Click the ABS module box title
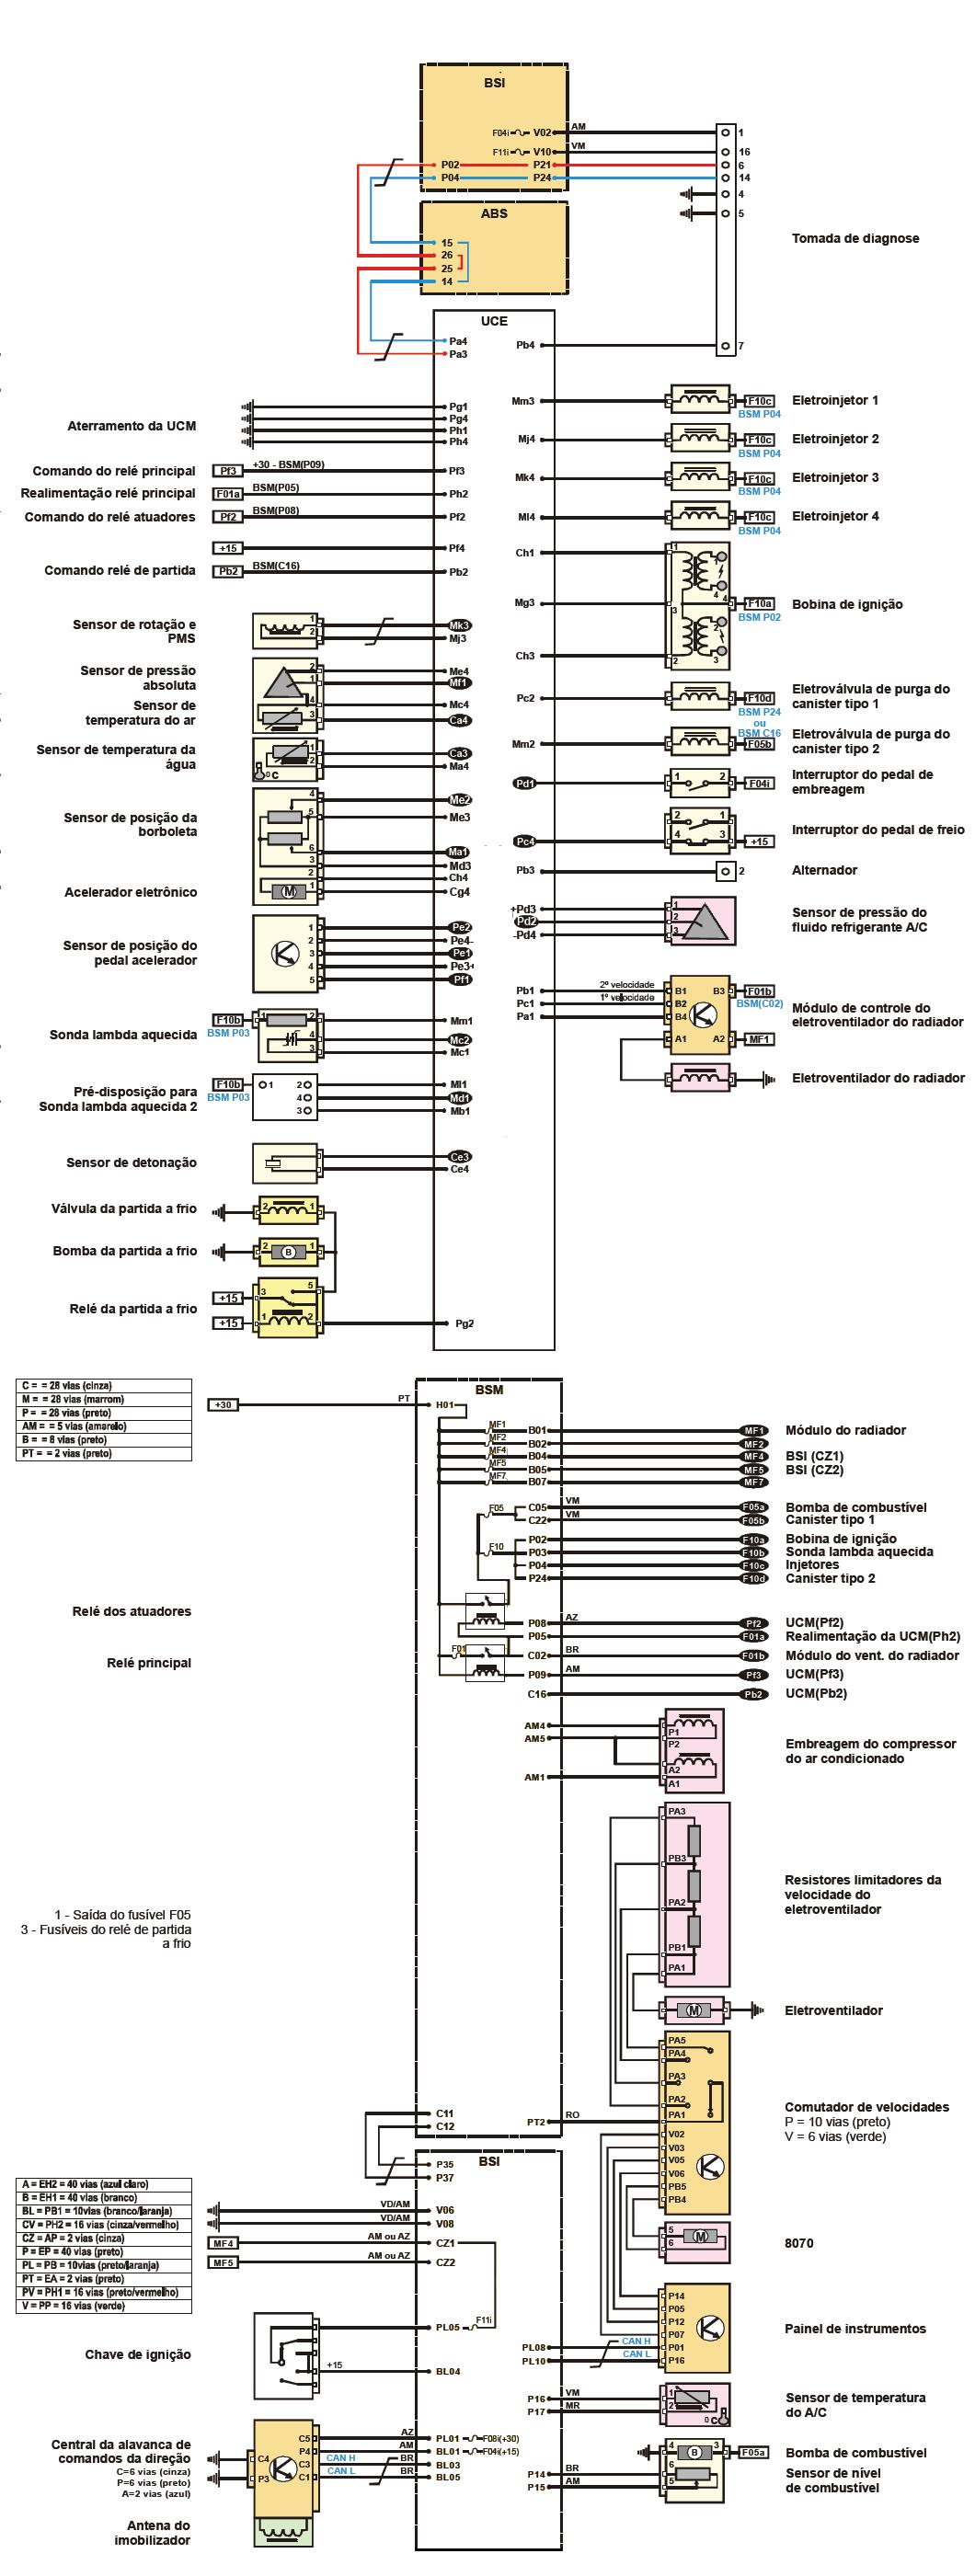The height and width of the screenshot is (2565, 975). [494, 213]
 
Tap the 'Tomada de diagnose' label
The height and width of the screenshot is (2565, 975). [855, 239]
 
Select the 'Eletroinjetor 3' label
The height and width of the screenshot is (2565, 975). [834, 478]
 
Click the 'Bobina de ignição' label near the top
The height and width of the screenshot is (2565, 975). [846, 604]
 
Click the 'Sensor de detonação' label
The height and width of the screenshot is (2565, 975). [132, 1163]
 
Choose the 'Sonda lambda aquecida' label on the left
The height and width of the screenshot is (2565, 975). [123, 1036]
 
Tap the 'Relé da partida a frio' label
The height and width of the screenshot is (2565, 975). [133, 1310]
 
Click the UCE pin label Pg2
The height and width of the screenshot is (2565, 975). [465, 1323]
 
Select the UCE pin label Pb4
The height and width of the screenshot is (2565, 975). [525, 346]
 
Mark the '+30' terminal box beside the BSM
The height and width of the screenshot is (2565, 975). [224, 1405]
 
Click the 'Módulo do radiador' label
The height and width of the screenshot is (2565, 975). [845, 1431]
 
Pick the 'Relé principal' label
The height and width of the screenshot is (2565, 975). [149, 1663]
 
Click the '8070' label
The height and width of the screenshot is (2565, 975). [798, 2243]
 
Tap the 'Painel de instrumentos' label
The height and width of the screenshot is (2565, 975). [855, 2329]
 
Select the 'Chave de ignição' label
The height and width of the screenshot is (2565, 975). [137, 2355]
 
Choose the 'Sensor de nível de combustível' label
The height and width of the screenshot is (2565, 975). [832, 2480]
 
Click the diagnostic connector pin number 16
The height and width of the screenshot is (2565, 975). [744, 153]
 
